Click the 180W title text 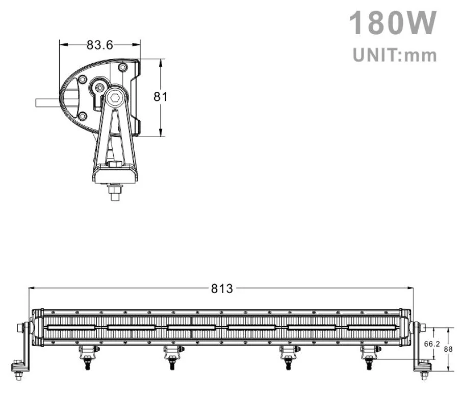tap(393, 23)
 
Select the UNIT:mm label tap(395, 55)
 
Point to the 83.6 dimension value tap(99, 45)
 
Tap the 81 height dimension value tap(161, 97)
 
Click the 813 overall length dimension tap(222, 288)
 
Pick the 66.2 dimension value tap(432, 344)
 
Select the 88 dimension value tap(449, 349)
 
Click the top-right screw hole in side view tap(122, 67)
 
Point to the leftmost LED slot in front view tap(70, 327)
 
